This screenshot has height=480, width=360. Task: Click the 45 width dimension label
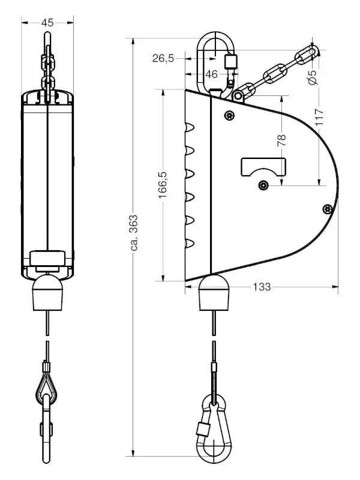47,23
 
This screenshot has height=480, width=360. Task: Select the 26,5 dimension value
163,58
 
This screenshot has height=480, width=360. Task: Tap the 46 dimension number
212,74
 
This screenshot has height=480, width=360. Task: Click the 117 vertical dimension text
319,117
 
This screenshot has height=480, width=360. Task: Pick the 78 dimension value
281,140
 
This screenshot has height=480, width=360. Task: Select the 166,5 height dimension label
163,185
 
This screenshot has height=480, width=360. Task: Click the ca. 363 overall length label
134,233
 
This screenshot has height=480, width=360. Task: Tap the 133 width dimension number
262,287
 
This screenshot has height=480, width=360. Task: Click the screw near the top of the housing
229,115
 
